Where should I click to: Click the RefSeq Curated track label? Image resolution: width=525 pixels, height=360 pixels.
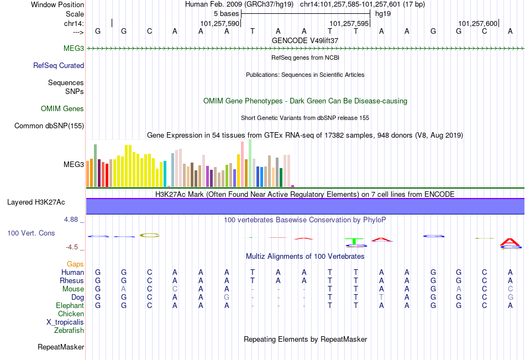[x=59, y=65]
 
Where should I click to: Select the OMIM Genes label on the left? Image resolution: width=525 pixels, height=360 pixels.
[x=62, y=108]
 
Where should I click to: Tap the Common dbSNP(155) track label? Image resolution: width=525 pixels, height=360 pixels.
[x=49, y=126]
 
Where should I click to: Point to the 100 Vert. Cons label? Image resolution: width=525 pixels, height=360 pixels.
[x=31, y=233]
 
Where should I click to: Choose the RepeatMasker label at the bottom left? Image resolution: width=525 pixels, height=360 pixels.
[x=61, y=347]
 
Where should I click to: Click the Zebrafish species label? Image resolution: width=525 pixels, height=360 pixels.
[x=69, y=331]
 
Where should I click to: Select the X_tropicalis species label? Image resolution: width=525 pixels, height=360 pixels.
[x=65, y=322]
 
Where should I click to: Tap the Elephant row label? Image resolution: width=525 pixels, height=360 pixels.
[x=70, y=305]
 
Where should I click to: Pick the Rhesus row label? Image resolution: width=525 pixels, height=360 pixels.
[x=71, y=280]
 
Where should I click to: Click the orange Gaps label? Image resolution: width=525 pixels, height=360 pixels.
[x=75, y=264]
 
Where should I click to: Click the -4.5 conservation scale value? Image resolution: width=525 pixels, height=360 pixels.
[x=73, y=247]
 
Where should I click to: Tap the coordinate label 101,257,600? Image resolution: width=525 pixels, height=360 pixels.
[x=478, y=23]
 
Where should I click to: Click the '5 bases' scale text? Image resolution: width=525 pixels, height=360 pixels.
[x=227, y=13]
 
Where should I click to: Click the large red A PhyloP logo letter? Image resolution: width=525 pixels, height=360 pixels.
[x=510, y=242]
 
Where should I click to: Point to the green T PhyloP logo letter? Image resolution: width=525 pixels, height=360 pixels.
[x=354, y=241]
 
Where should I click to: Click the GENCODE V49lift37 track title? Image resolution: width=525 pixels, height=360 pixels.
[x=305, y=40]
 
